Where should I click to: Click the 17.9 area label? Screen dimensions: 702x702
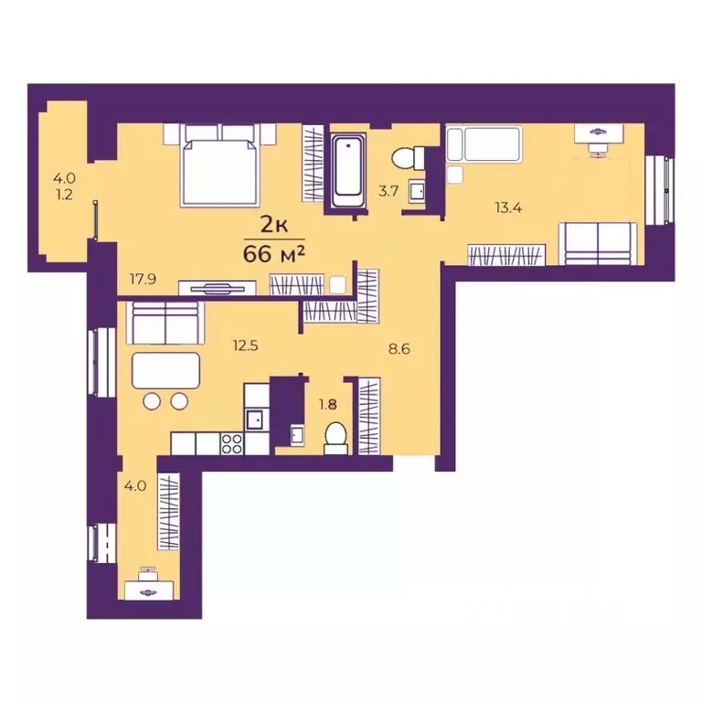[x=143, y=279]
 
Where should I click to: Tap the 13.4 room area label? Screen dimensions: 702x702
[x=508, y=207]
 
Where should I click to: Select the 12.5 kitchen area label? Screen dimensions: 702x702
[x=245, y=346]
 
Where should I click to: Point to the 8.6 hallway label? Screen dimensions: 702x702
[x=399, y=349]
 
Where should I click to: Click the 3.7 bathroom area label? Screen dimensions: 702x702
[x=388, y=191]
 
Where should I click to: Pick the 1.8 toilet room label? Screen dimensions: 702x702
[x=328, y=405]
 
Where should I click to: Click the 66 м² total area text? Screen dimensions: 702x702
[x=274, y=254]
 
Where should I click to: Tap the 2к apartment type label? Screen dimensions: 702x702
[x=274, y=225]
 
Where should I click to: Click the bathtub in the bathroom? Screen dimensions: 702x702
[x=348, y=171]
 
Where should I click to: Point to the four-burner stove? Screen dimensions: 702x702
[x=231, y=443]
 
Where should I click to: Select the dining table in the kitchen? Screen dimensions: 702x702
[x=165, y=370]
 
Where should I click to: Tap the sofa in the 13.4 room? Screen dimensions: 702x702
[x=598, y=243]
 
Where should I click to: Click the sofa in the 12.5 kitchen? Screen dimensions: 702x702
[x=165, y=323]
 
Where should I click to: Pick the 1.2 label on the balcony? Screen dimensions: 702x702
[x=65, y=195]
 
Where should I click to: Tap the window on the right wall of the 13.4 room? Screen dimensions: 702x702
[x=660, y=190]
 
